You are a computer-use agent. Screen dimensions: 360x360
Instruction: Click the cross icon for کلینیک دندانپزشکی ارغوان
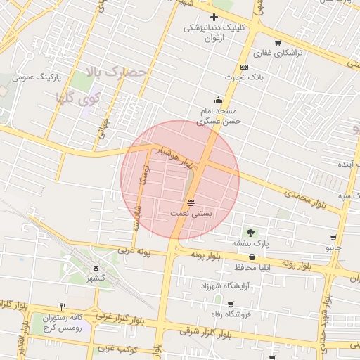pyautogui.click(x=214, y=17)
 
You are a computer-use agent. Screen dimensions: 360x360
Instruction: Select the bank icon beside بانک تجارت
pyautogui.click(x=244, y=67)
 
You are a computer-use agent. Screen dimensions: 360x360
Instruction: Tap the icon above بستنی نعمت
pyautogui.click(x=191, y=202)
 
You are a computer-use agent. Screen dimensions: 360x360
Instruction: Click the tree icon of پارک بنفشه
pyautogui.click(x=250, y=231)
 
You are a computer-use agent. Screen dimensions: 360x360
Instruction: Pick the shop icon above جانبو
pyautogui.click(x=333, y=238)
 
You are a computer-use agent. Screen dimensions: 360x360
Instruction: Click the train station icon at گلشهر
pyautogui.click(x=96, y=267)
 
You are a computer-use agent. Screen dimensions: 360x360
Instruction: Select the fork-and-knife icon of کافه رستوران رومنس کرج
pyautogui.click(x=63, y=307)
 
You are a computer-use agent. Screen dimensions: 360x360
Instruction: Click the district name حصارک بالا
pyautogui.click(x=115, y=71)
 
